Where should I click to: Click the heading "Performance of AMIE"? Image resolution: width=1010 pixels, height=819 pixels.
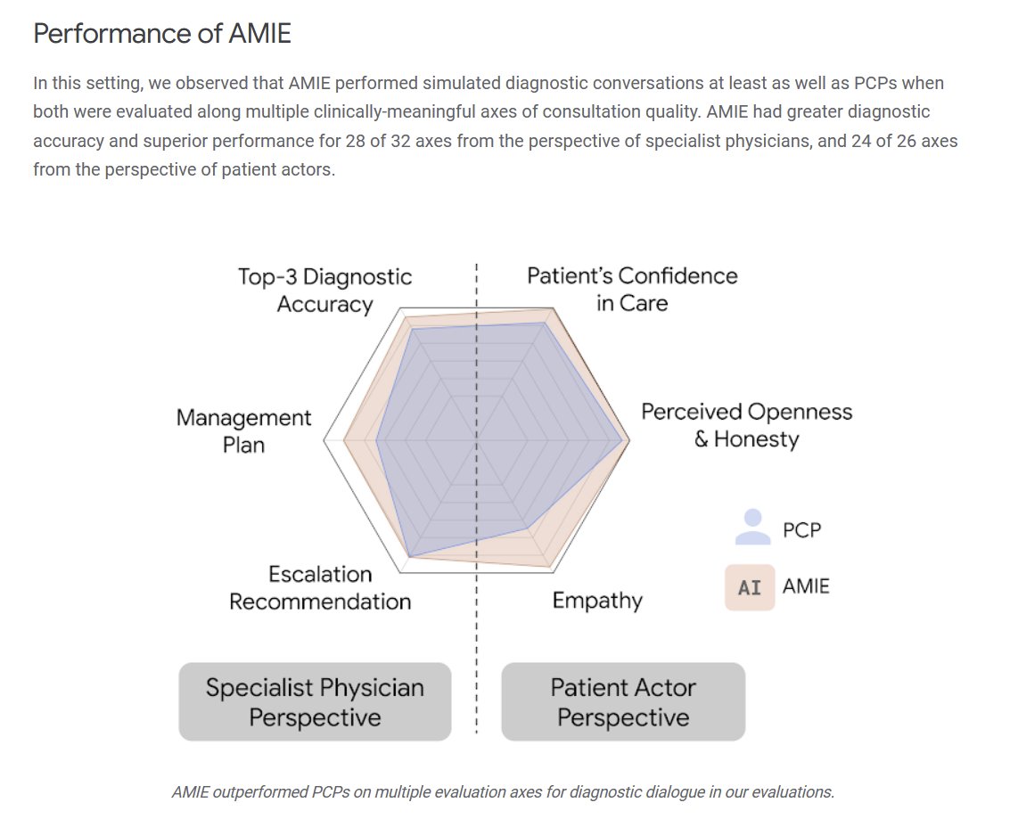point(162,35)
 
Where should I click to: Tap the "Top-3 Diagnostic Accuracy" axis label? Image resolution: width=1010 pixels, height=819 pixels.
point(324,291)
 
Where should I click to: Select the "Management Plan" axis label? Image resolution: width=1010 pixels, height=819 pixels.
point(243,430)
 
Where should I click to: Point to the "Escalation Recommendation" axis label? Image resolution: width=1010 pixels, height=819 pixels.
point(320,588)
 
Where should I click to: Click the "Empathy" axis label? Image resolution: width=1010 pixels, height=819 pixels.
point(596,601)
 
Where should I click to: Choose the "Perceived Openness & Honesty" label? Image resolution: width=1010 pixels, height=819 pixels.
point(746,425)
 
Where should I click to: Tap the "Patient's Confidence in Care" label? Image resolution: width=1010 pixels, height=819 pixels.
point(632,289)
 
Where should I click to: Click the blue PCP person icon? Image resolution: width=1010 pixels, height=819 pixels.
point(752,527)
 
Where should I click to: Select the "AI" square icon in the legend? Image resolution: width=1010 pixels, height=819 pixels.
point(750,587)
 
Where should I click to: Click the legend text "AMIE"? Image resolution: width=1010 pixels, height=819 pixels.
point(806,586)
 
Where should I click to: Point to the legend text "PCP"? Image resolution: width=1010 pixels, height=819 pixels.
point(802,530)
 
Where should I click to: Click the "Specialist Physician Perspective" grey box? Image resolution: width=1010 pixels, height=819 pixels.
point(315,702)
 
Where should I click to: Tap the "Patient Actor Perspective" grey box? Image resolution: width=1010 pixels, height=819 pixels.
point(623,702)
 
